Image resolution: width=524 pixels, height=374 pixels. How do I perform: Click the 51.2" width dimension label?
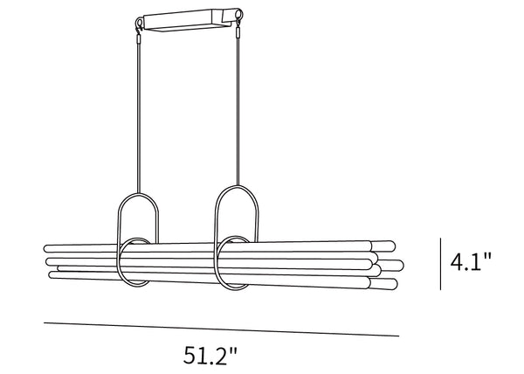[x=210, y=356]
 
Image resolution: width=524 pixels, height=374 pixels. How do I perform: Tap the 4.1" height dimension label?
[x=471, y=261]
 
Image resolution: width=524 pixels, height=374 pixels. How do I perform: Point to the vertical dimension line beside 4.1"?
[x=440, y=264]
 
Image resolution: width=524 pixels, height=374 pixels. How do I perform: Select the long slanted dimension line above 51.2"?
[x=221, y=329]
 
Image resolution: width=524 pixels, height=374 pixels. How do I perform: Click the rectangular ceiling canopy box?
[x=189, y=20]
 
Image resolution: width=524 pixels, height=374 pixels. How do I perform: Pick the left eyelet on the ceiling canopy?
[x=139, y=24]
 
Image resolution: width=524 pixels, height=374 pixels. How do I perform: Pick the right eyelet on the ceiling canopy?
[x=239, y=14]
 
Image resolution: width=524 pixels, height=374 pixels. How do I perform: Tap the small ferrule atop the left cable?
[x=139, y=38]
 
